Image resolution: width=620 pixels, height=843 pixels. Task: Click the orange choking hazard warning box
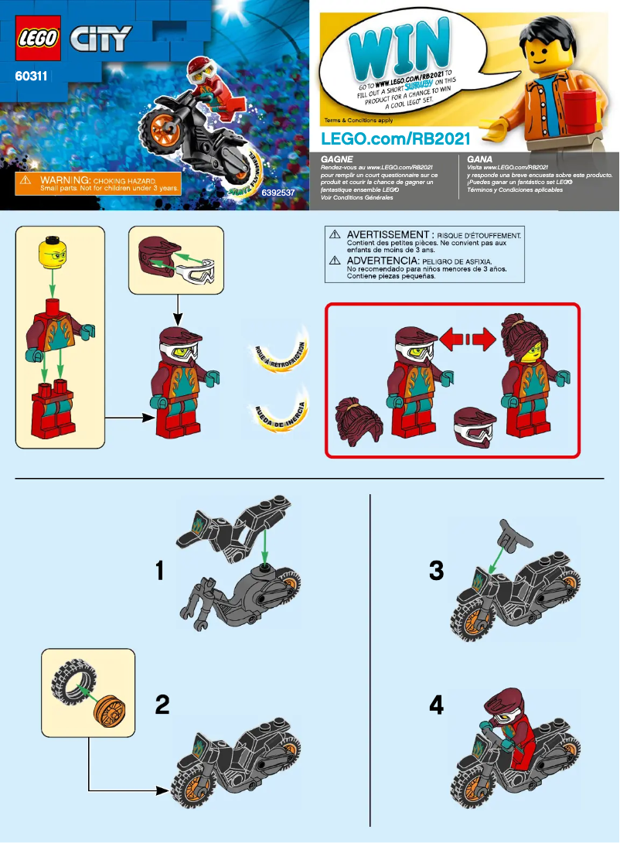98,183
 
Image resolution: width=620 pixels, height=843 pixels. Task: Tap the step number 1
160,572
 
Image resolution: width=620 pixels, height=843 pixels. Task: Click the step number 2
162,705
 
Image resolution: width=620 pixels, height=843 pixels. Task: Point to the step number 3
437,572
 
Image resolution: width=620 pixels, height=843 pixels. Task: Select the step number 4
437,705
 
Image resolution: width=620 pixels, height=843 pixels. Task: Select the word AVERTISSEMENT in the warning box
387,234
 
